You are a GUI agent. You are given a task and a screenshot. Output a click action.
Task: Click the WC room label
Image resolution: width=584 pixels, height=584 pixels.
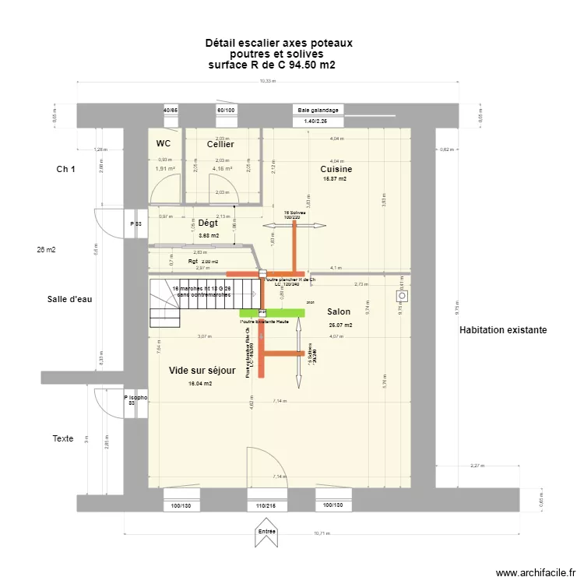pos(164,144)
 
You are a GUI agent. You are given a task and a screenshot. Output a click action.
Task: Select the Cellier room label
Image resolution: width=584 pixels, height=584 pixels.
pos(220,145)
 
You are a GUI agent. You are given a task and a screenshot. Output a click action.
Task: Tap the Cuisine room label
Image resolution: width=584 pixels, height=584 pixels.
pos(336,169)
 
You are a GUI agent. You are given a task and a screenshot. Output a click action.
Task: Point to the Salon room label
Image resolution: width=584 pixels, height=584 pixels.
pos(339,311)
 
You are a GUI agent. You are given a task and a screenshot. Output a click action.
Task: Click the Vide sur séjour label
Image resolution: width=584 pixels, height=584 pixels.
pos(202,371)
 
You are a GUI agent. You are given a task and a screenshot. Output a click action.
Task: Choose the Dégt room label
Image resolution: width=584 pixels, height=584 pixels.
pos(208,223)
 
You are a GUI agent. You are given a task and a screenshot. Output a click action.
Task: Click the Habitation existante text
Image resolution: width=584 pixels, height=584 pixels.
pos(503,330)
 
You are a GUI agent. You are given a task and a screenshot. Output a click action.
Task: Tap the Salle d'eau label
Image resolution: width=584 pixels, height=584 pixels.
pos(69,299)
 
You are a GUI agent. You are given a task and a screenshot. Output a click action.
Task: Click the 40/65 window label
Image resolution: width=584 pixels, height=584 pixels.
pos(171,111)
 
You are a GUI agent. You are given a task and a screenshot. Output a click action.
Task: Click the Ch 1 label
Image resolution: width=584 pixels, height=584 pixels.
pos(65,169)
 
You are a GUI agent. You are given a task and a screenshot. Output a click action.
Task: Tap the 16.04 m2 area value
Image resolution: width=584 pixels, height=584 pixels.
pos(201,384)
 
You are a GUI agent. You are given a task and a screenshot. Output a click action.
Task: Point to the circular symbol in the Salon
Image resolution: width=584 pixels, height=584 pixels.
pos(403,297)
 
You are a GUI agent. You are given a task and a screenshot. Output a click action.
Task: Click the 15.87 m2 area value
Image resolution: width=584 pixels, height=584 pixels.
pos(335,179)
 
